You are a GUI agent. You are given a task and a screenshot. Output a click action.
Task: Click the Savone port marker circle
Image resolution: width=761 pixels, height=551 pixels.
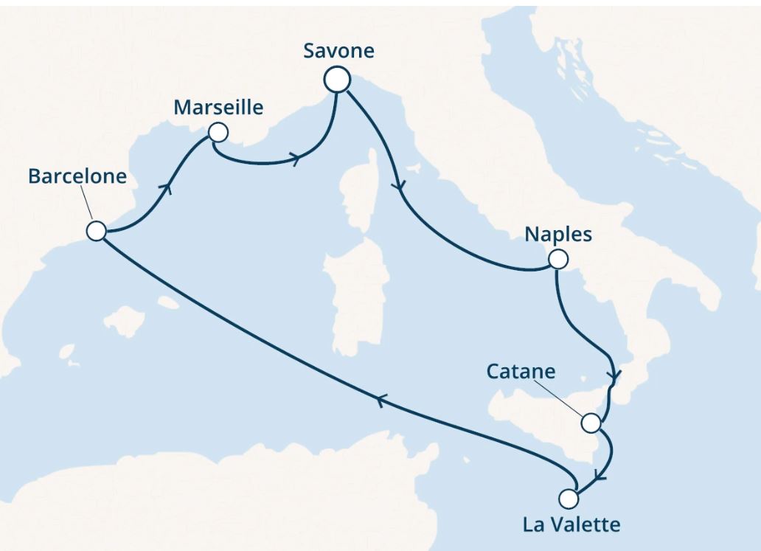337,80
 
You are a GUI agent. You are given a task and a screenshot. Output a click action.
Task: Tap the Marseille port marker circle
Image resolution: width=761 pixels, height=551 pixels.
218,133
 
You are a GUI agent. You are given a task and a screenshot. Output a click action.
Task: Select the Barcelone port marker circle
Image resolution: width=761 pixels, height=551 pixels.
96,231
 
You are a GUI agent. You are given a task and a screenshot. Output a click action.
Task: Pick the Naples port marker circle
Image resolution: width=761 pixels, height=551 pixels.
557,260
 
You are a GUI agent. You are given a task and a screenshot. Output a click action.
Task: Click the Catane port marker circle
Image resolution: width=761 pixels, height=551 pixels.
591,423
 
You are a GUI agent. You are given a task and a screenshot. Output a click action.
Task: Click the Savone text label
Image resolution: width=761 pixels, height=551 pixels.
339,51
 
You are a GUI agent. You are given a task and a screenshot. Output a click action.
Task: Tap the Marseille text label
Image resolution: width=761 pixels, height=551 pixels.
218,108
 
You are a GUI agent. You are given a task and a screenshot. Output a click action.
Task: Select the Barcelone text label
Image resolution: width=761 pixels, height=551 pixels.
77,176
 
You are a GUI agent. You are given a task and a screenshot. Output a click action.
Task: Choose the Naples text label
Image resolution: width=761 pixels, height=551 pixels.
558,235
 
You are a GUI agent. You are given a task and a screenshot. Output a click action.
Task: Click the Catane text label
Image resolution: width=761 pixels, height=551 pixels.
521,371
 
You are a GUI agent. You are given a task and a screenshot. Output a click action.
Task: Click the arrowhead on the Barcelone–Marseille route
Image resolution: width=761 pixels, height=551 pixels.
170,188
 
